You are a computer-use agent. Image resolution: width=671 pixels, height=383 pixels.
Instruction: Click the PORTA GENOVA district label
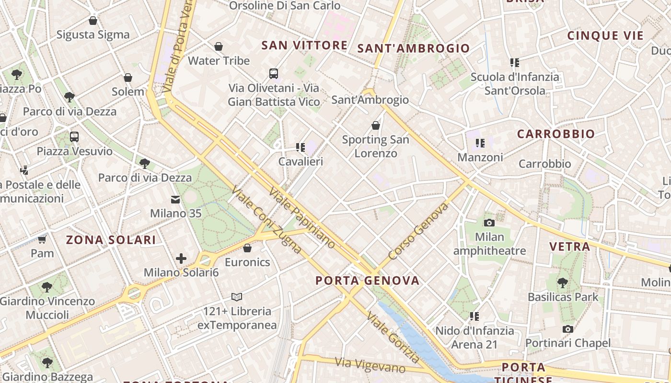pyautogui.click(x=368, y=281)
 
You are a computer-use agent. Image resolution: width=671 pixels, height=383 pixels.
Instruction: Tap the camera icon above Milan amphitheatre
pyautogui.click(x=489, y=223)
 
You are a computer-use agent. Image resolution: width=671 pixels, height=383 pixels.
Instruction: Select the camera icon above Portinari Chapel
pyautogui.click(x=567, y=329)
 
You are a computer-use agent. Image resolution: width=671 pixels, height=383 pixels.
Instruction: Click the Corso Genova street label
pyautogui.click(x=418, y=231)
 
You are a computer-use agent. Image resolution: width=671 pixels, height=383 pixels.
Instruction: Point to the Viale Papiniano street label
pyautogui.click(x=302, y=218)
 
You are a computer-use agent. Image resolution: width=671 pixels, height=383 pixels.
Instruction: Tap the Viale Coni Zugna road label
pyautogui.click(x=266, y=220)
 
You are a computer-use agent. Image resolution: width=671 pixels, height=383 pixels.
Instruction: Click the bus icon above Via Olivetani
pyautogui.click(x=274, y=74)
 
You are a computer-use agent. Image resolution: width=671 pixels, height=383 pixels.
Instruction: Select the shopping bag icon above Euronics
pyautogui.click(x=247, y=248)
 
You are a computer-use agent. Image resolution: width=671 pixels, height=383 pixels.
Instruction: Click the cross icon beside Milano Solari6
pyautogui.click(x=181, y=259)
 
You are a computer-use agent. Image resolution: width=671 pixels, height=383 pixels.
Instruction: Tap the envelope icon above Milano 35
pyautogui.click(x=175, y=199)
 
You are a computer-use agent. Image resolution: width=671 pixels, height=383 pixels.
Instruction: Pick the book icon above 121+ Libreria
pyautogui.click(x=237, y=297)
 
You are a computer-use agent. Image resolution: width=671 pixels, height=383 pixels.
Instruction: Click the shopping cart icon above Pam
pyautogui.click(x=42, y=239)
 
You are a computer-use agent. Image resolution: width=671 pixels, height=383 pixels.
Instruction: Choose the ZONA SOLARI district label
pyautogui.click(x=111, y=240)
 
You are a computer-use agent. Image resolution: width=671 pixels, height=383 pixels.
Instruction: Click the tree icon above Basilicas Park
pyautogui.click(x=563, y=282)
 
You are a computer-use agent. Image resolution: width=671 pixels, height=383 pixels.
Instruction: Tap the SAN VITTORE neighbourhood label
pyautogui.click(x=304, y=45)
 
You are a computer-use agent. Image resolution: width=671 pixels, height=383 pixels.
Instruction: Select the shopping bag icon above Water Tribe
pyautogui.click(x=219, y=46)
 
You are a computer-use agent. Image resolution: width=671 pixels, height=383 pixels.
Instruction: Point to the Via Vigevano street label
pyautogui.click(x=370, y=365)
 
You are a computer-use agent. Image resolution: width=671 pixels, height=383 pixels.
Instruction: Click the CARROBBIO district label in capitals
pyautogui.click(x=555, y=134)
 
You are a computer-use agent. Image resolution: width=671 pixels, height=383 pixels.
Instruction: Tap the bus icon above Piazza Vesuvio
pyautogui.click(x=74, y=137)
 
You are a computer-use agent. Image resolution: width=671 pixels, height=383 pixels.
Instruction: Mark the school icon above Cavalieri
pyautogui.click(x=301, y=147)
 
